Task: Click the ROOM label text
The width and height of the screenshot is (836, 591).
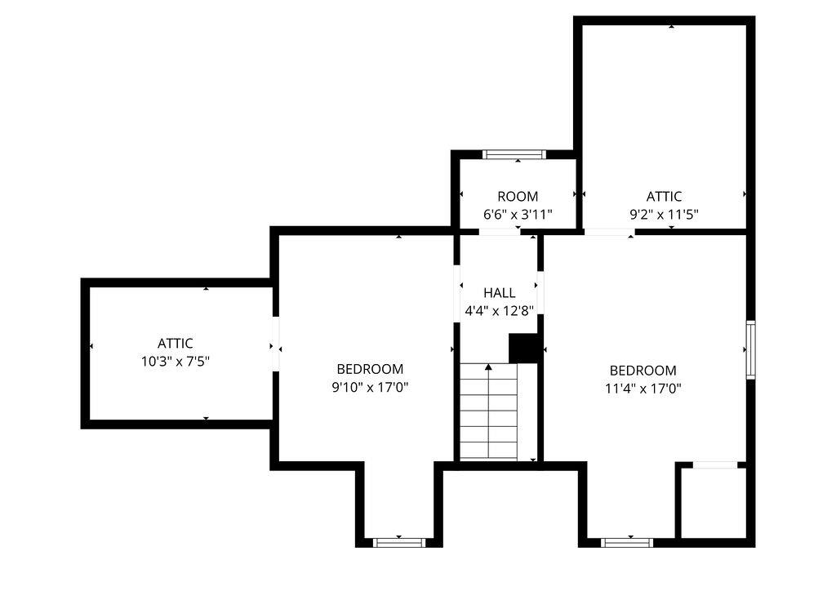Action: tap(518, 196)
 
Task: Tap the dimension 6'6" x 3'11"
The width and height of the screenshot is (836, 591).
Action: tap(518, 215)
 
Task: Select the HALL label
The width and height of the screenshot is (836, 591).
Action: tap(499, 292)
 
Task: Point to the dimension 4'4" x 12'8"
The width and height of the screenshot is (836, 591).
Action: tap(499, 310)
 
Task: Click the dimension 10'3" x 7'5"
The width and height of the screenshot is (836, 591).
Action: tap(176, 361)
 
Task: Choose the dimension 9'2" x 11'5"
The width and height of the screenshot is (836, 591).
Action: tap(664, 215)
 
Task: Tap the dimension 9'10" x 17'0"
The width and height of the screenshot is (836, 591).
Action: tap(370, 387)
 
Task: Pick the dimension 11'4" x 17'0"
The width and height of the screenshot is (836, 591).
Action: tap(643, 389)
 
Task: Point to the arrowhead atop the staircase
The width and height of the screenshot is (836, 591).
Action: tap(488, 367)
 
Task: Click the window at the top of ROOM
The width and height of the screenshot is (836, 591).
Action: tap(514, 153)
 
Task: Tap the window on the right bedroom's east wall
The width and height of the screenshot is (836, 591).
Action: tap(750, 349)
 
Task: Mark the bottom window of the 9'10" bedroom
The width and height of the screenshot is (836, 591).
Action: tap(399, 542)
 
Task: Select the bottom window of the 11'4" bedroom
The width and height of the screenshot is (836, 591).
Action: tap(627, 542)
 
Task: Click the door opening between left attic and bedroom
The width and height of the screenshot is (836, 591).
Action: tap(276, 344)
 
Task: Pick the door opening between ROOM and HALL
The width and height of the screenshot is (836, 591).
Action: tap(500, 232)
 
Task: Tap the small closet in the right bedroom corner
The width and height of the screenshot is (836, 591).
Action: tap(712, 502)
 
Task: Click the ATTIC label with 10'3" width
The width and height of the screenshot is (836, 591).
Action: tap(176, 344)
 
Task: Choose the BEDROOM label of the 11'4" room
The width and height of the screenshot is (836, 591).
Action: tap(643, 371)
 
